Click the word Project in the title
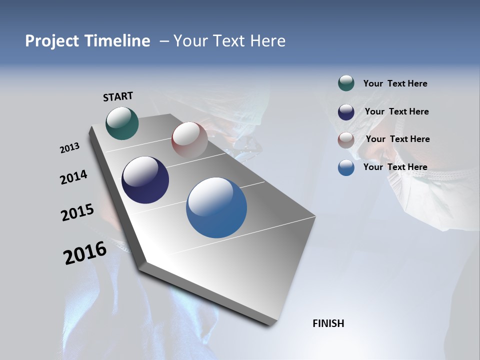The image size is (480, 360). pos(51,41)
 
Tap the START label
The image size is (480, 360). pos(118,96)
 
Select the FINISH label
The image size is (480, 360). pos(328,323)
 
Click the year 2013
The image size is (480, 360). pos(69,148)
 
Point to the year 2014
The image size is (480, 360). pos(73,177)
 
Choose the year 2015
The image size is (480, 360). pos(77,212)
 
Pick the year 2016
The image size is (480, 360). pos(85,252)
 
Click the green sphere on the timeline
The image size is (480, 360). pos(122,123)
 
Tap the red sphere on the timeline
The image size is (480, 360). pos(189,140)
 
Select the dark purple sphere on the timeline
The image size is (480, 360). pos(145,180)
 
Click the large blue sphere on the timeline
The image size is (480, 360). pos(216,207)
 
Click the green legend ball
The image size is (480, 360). pos(346,83)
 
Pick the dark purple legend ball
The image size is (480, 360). pos(346,112)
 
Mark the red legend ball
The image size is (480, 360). pos(346,140)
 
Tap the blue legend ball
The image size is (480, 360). pos(346,167)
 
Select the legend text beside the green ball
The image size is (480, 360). pos(395,83)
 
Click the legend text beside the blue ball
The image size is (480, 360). pos(395,167)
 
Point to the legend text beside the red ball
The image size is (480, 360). pos(397,139)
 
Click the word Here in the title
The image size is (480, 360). pos(267,41)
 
